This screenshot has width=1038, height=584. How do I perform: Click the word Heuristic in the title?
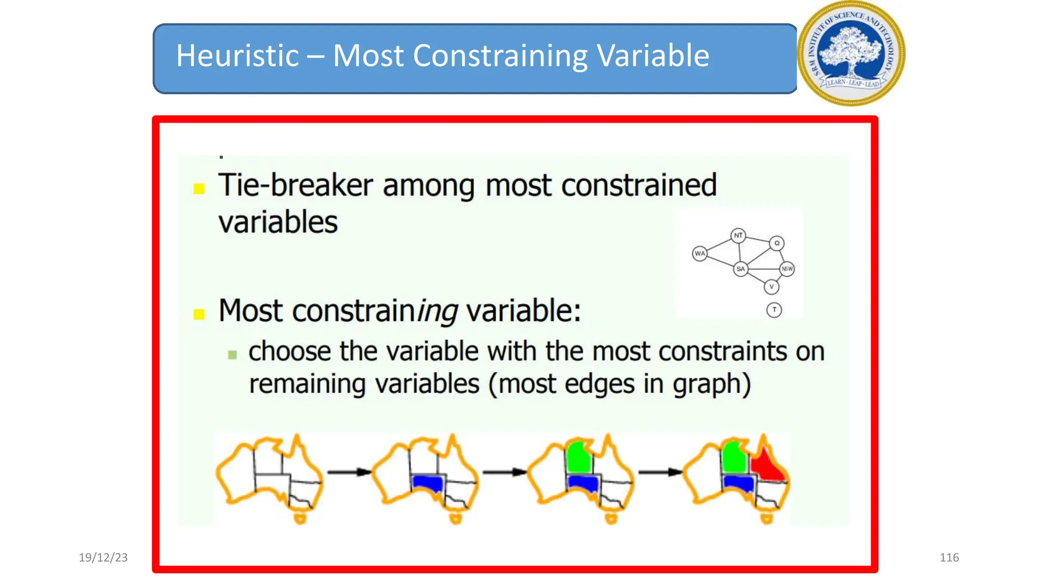[237, 55]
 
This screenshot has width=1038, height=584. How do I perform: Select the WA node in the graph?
[700, 253]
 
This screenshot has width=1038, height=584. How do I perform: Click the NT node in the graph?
[738, 236]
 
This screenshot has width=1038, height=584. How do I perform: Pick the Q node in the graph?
[776, 243]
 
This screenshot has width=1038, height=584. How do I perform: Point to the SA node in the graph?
[740, 269]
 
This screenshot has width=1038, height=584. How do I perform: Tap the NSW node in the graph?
[787, 269]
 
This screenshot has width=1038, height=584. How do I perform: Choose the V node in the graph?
[771, 287]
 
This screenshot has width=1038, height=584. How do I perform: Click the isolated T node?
[774, 310]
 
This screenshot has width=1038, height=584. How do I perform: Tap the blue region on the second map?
[428, 484]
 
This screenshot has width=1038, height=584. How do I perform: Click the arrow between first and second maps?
[349, 472]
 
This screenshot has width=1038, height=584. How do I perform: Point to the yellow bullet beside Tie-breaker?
[199, 189]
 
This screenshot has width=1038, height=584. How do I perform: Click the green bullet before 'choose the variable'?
[233, 354]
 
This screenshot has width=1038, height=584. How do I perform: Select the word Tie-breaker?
[295, 185]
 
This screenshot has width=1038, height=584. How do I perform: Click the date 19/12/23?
[103, 557]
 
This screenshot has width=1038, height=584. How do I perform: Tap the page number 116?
[949, 557]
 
